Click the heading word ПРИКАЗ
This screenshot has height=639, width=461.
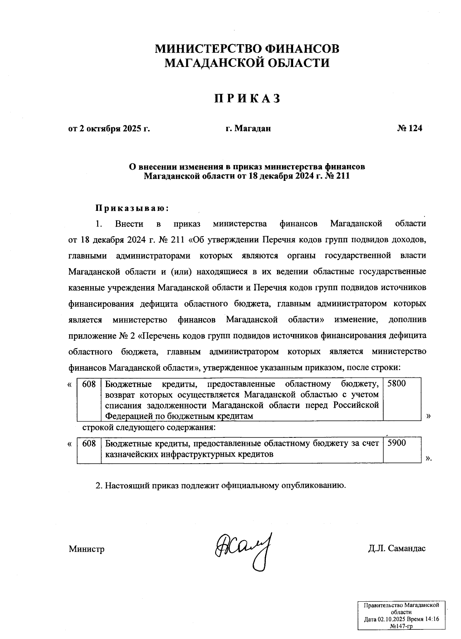247,98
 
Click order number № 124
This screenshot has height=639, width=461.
410,128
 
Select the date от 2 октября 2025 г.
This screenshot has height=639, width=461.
109,128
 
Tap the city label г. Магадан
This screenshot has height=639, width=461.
248,128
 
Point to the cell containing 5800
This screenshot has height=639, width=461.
402,399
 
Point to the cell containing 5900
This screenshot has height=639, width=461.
402,450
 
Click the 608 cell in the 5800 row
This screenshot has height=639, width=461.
89,399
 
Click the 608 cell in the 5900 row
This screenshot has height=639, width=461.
89,450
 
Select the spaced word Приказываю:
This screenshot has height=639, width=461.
132,208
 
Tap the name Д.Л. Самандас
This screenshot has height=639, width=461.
396,549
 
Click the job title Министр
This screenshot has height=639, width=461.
86,549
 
